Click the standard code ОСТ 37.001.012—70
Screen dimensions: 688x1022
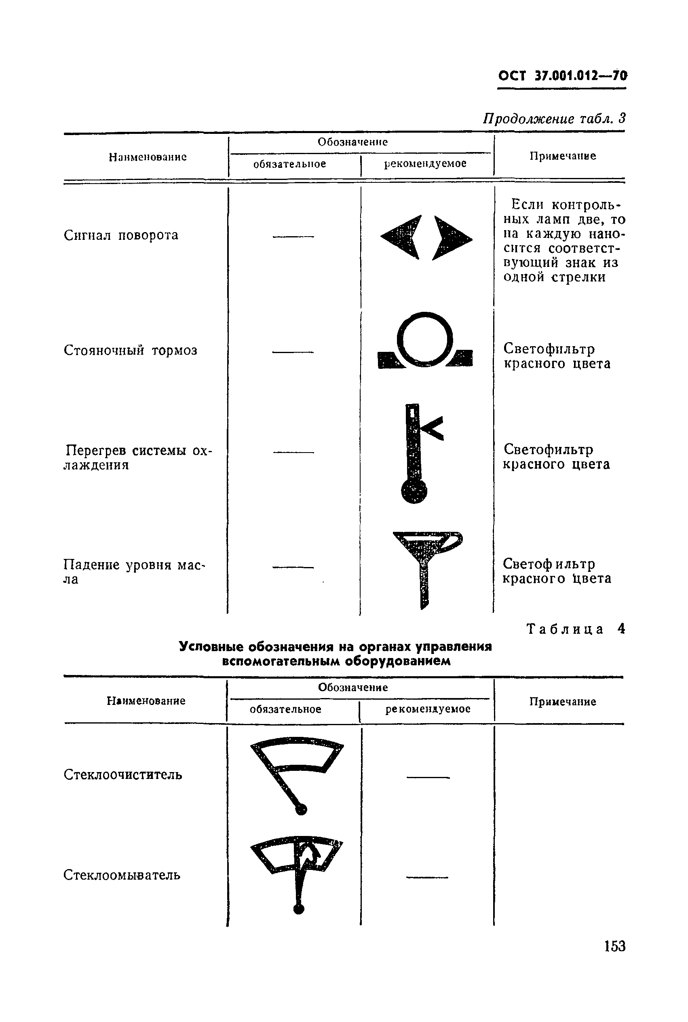pos(562,76)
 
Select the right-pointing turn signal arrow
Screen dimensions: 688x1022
pos(452,237)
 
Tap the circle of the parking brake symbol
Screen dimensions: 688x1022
pos(425,339)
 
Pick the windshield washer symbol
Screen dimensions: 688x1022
pos(297,871)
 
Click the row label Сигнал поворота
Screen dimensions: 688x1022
pos(121,235)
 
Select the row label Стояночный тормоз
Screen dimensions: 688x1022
pos(130,350)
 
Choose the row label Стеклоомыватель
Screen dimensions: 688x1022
pos(122,875)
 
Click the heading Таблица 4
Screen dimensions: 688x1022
pos(575,629)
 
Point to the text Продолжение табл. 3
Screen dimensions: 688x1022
pos(554,118)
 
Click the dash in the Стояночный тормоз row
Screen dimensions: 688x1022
pos(293,351)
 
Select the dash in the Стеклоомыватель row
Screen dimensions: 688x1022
pos(427,877)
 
